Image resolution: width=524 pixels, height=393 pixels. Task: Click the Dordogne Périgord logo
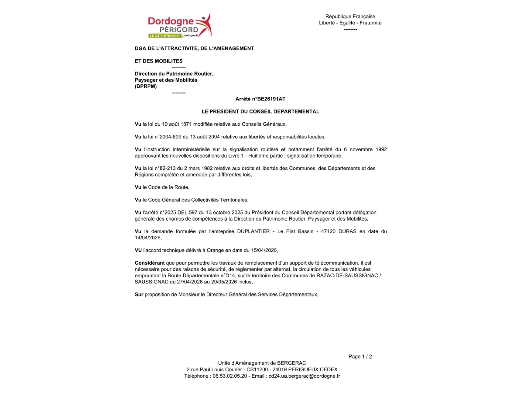[x=179, y=25]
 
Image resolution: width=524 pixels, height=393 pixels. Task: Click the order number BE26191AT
[x=270, y=99]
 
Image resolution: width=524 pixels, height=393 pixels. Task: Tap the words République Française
[x=350, y=17]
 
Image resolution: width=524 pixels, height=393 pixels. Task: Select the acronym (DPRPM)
[x=146, y=86]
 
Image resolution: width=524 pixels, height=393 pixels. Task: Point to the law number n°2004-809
[x=166, y=137]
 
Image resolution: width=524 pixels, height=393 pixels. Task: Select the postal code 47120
[x=328, y=231]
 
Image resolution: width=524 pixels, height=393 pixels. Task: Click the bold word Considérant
[x=150, y=263]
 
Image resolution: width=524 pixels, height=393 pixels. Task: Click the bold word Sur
[x=139, y=294]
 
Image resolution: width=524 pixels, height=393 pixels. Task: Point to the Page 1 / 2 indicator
[x=360, y=357]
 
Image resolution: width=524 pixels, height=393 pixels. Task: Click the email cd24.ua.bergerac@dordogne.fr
[x=304, y=376]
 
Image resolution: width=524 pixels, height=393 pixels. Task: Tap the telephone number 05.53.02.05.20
[x=230, y=376]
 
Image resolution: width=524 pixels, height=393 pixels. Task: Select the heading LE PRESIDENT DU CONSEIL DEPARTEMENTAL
[x=260, y=112]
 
